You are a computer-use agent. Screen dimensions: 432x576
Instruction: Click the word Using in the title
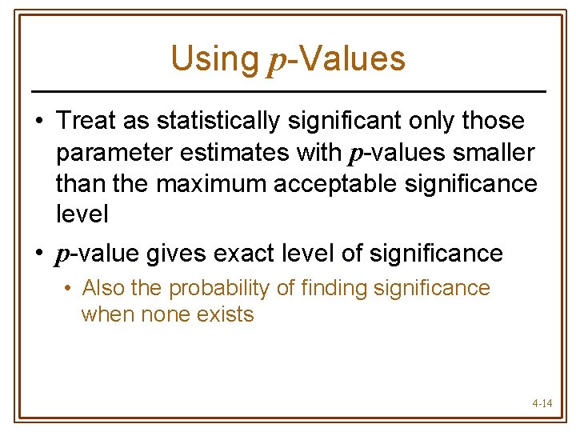point(214,58)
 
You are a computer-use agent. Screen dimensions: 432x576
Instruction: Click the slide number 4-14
point(542,403)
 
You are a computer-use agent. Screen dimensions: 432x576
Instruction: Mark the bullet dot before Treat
point(38,122)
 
